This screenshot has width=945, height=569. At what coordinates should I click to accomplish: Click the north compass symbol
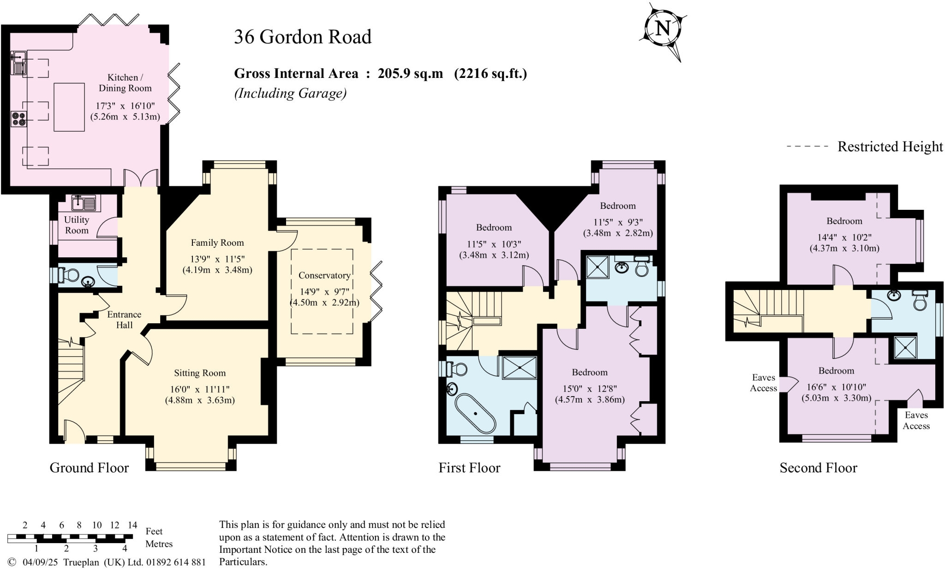point(663,30)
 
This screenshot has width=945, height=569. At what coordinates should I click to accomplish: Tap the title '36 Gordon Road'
point(303,37)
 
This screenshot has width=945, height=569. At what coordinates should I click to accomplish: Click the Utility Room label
point(77,225)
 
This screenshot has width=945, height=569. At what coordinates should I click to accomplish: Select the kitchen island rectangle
point(69,107)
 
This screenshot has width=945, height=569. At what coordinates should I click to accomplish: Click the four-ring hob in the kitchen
point(18,119)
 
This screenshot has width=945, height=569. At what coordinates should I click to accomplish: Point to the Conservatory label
point(324,275)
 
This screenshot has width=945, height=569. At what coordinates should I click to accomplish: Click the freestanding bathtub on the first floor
point(475,413)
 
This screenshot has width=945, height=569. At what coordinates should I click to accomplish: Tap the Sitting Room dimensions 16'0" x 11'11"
point(200,389)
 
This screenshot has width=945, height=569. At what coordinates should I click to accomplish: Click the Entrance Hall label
point(124,320)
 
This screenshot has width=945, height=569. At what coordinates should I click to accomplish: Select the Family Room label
point(217,243)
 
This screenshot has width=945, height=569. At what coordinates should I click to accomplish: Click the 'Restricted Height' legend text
point(890,147)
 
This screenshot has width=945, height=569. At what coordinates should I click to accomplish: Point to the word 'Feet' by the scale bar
point(154,531)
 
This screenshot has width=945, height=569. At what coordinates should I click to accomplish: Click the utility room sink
point(84,202)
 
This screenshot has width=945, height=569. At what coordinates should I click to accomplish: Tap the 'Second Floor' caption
point(818,468)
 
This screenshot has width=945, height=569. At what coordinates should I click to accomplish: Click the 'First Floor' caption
point(469,468)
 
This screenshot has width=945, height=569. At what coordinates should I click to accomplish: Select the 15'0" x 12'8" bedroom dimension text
point(590,389)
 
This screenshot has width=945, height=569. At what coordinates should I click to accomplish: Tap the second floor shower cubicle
point(905,348)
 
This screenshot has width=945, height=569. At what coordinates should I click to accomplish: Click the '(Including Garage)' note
point(290,93)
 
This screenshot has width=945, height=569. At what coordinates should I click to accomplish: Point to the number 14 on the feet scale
point(132,525)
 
